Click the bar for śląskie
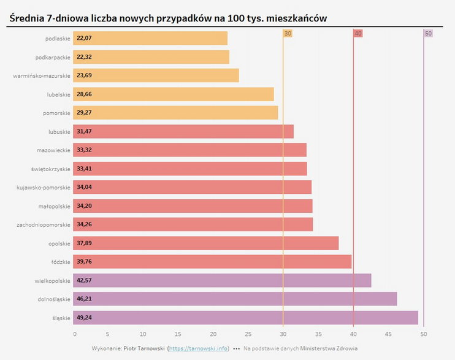click(246, 318)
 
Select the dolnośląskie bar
click(235, 299)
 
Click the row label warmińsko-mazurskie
click(42, 76)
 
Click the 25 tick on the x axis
click(248, 334)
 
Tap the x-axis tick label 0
click(75, 334)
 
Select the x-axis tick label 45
click(388, 334)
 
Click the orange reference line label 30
click(288, 33)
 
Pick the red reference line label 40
click(358, 33)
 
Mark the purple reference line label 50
click(428, 33)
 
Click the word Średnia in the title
click(30, 18)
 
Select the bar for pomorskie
click(175, 113)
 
